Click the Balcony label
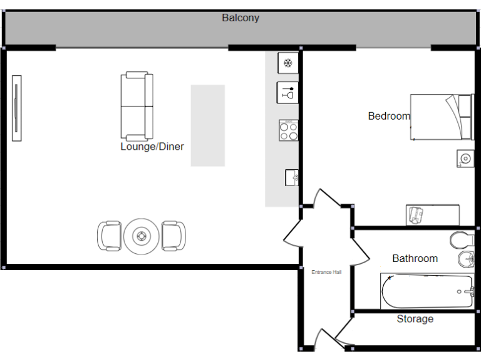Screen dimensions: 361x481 pyautogui.click(x=240, y=18)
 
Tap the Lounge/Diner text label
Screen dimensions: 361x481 pyautogui.click(x=152, y=147)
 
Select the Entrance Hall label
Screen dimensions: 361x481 pyautogui.click(x=326, y=272)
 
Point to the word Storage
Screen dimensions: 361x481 pyautogui.click(x=415, y=319)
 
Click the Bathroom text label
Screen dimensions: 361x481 pyautogui.click(x=415, y=258)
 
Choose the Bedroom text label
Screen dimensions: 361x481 pyautogui.click(x=389, y=116)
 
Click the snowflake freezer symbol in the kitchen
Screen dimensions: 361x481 pyautogui.click(x=287, y=63)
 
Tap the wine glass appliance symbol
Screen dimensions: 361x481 pyautogui.click(x=287, y=93)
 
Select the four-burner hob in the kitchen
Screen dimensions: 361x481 pyautogui.click(x=288, y=130)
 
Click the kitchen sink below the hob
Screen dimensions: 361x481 pyautogui.click(x=291, y=177)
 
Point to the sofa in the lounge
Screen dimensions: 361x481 pyautogui.click(x=137, y=107)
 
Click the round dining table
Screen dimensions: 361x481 pyautogui.click(x=142, y=236)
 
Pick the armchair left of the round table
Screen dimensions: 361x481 pyautogui.click(x=109, y=236)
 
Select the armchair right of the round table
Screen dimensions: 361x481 pyautogui.click(x=173, y=236)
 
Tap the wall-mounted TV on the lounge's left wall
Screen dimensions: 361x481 pyautogui.click(x=17, y=108)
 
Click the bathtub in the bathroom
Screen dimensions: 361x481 pyautogui.click(x=427, y=291)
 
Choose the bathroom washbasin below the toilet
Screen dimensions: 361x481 pyautogui.click(x=464, y=259)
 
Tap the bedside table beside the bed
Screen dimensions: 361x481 pyautogui.click(x=464, y=159)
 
